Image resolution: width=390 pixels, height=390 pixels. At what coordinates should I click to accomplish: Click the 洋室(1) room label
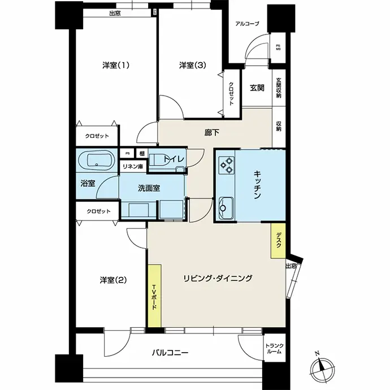pos(116,66)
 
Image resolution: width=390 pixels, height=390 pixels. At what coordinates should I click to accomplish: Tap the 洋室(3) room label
pos(193,66)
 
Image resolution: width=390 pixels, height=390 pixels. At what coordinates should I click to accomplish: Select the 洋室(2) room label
pos(113,280)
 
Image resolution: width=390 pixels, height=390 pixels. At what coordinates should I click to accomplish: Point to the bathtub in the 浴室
pos(97,161)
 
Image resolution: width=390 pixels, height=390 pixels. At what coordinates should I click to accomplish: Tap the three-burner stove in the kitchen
pos(227,165)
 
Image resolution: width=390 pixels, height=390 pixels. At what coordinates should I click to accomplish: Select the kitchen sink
pos(226,208)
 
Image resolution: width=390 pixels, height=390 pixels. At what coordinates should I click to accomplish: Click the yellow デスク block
pos(278,241)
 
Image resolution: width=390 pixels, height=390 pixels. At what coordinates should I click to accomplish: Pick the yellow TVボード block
pos(155,296)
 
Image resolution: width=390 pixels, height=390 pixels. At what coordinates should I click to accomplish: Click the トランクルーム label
pos(274,349)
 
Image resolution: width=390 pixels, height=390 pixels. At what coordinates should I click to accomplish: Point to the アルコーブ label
pos(247,24)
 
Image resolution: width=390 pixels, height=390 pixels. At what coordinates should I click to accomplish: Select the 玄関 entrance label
pos(257,88)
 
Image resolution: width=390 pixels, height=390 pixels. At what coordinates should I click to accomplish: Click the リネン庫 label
pos(133,166)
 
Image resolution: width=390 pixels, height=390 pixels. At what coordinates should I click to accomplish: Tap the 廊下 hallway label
pos(212,133)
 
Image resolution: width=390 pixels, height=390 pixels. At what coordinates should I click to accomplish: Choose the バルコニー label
pos(170,353)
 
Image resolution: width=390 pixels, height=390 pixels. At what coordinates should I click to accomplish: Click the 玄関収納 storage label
pos(279,88)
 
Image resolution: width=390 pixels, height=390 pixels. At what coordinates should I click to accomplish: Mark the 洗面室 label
pos(149,188)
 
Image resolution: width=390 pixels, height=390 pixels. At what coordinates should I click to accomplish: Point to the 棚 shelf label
pos(142,154)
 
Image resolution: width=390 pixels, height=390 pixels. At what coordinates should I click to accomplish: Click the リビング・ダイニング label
pos(218,278)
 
